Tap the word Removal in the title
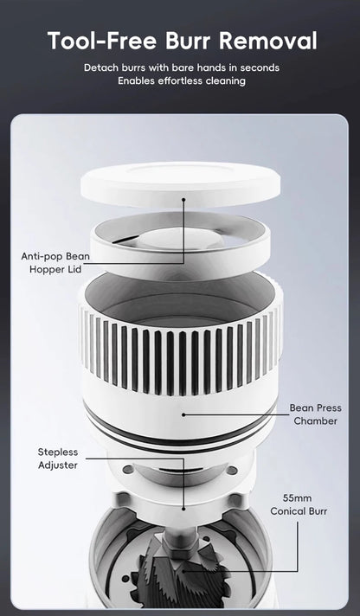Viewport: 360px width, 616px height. [x=275, y=41]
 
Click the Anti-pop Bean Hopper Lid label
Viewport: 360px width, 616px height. [x=55, y=263]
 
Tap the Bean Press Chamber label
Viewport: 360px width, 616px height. [x=314, y=414]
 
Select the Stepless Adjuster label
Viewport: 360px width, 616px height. [x=57, y=459]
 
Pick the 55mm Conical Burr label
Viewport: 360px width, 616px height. [x=304, y=504]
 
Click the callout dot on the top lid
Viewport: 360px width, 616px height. [x=184, y=197]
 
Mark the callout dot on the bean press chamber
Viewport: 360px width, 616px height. [x=184, y=414]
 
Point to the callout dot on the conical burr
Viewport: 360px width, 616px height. [x=184, y=570]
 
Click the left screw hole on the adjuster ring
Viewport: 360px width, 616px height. [x=129, y=470]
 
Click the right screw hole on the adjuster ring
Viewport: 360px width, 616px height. [x=231, y=471]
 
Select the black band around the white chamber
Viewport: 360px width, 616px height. [x=183, y=438]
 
